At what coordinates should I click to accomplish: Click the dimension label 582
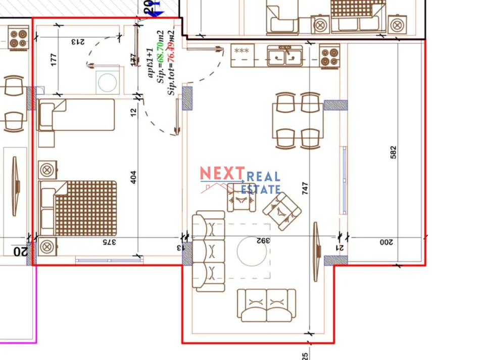point(394,152)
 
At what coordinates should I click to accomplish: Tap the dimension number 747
point(305,188)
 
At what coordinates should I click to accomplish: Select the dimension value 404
point(133,177)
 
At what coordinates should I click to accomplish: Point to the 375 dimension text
point(110,242)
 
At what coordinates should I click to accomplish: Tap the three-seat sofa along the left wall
point(209,251)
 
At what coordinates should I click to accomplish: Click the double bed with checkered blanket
point(78,208)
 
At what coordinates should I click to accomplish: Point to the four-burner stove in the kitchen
point(330,56)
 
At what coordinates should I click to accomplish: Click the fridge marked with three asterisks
point(242,55)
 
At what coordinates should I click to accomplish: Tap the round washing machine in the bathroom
point(107,82)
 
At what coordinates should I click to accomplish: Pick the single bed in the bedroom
point(76,115)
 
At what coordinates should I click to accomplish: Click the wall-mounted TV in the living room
point(316,251)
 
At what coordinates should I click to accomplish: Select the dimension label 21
point(341,247)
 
